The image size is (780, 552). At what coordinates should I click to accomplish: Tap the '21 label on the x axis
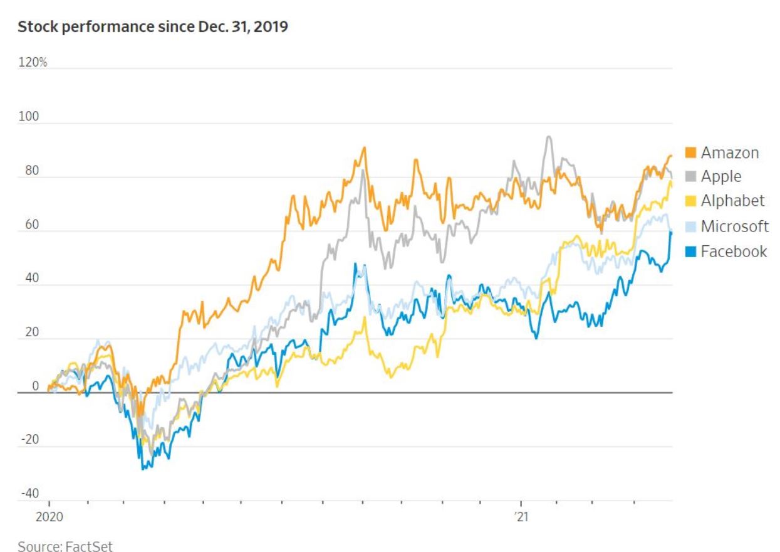(x=520, y=519)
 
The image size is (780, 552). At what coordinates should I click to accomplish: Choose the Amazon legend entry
(x=729, y=152)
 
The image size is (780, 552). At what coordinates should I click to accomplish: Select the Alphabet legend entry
(x=732, y=201)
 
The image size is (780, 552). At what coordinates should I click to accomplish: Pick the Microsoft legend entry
(x=734, y=226)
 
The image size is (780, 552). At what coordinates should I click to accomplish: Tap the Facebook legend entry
(x=734, y=252)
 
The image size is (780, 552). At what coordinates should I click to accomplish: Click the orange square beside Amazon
(x=691, y=152)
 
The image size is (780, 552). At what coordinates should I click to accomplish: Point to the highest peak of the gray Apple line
(x=549, y=137)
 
